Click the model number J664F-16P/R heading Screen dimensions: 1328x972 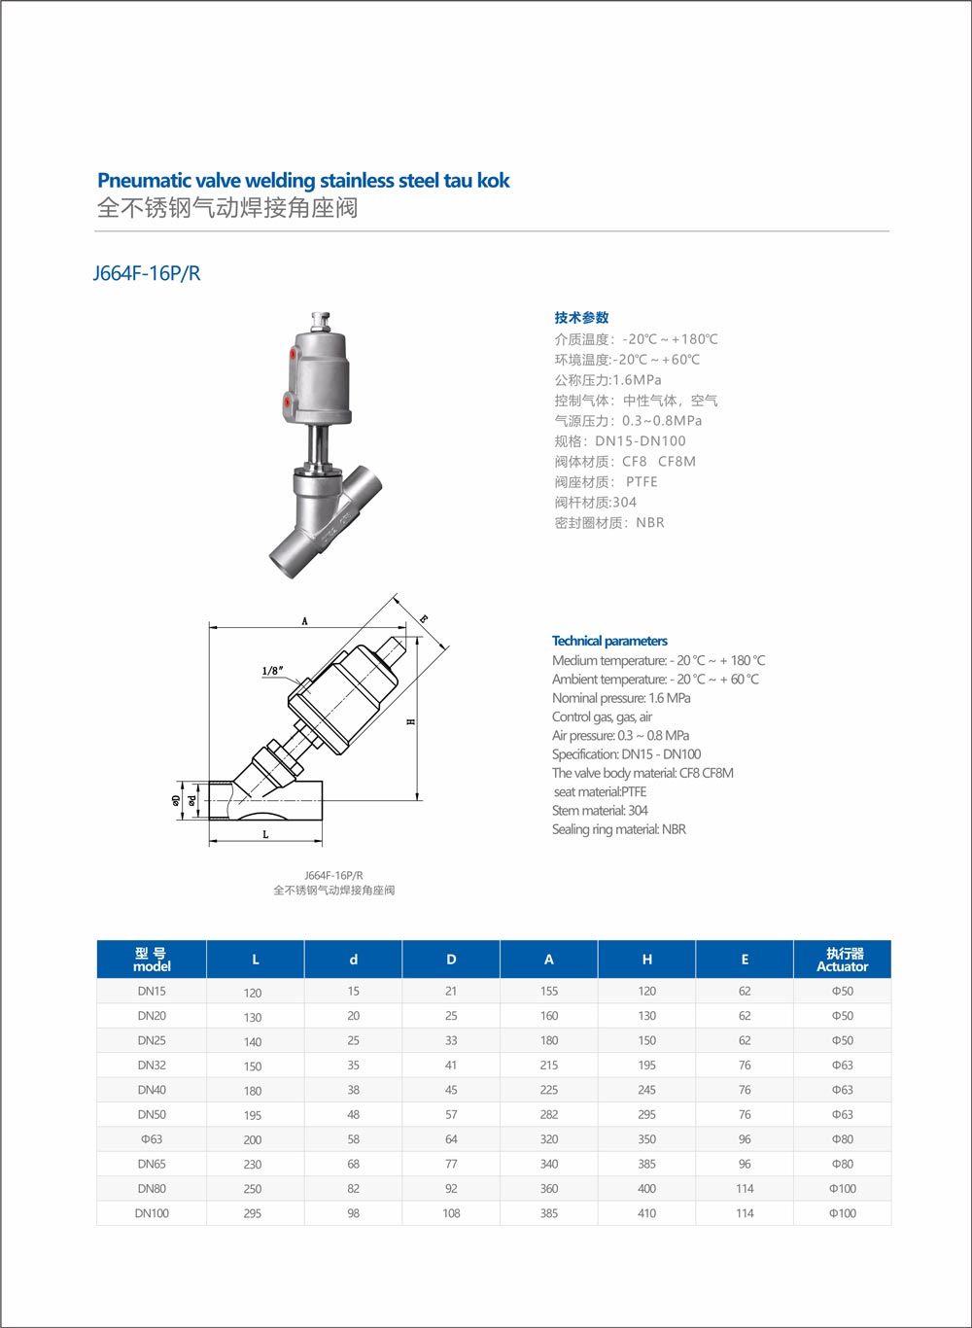[x=147, y=273]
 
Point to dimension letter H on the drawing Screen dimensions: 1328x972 [x=411, y=721]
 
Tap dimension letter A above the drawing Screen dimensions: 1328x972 [x=304, y=621]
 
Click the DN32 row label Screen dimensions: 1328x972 [x=152, y=1065]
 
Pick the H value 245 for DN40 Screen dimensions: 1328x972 [x=646, y=1090]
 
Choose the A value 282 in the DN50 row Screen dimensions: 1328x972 [x=549, y=1114]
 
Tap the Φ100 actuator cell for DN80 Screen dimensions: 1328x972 [x=842, y=1188]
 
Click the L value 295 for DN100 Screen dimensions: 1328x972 [x=253, y=1214]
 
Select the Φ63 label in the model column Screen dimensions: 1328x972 [x=152, y=1138]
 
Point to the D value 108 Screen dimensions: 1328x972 [x=451, y=1213]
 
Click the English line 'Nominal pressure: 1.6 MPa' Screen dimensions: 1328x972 [x=621, y=698]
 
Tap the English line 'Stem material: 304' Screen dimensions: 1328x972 [x=600, y=810]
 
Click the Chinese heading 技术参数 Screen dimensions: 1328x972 [x=581, y=318]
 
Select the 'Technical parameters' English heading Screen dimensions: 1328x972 [x=609, y=641]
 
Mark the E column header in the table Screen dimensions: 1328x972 [x=745, y=960]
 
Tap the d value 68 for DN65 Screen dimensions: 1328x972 [x=353, y=1164]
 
